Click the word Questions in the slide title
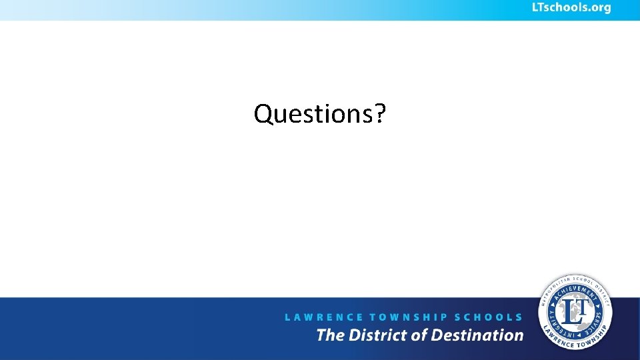(x=313, y=114)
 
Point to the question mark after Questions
(x=380, y=114)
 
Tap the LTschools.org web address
(x=571, y=8)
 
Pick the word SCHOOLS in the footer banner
(x=489, y=317)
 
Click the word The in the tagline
(x=330, y=335)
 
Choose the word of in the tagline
(x=419, y=335)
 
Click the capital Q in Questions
(x=263, y=114)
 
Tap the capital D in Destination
(x=438, y=335)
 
